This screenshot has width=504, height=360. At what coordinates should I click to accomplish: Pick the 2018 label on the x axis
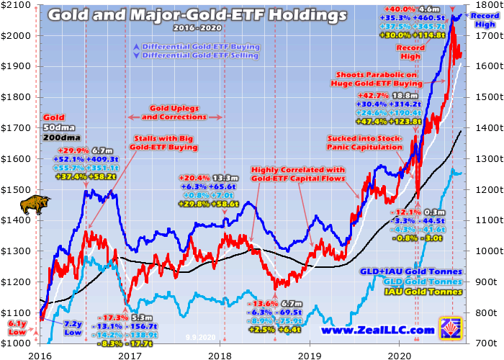click(x=219, y=353)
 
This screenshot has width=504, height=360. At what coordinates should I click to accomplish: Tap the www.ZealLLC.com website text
click(x=377, y=330)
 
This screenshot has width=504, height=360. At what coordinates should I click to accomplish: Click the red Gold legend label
click(x=53, y=117)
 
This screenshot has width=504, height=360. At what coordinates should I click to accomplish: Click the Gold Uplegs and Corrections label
click(x=176, y=112)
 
